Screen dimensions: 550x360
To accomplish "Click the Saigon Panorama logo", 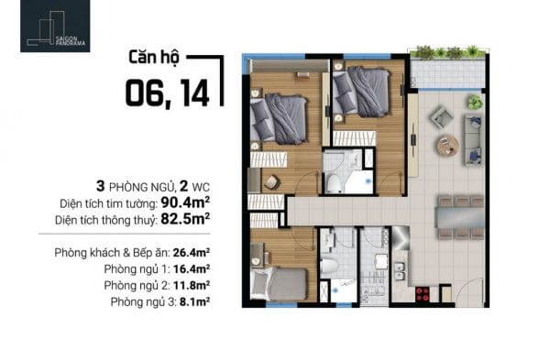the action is (55, 26).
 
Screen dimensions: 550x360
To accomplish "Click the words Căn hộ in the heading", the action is (154, 58).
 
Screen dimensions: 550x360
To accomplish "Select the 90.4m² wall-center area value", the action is (185, 202).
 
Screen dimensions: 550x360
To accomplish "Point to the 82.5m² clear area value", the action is (185, 219).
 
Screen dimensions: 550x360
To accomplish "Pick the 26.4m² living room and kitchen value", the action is (192, 253).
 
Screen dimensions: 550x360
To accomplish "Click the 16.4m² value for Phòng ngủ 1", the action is (192, 269).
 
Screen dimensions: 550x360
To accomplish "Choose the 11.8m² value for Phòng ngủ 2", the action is (192, 285).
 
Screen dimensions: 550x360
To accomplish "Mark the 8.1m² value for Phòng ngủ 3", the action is (194, 301).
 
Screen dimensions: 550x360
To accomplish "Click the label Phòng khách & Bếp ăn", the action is (112, 253).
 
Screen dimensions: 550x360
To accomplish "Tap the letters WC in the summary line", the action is (201, 188).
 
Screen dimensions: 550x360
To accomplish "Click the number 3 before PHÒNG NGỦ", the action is (100, 187).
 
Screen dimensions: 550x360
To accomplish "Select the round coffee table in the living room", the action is (447, 146).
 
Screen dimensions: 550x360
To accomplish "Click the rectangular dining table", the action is (460, 218).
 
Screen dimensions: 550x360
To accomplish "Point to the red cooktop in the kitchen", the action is (423, 294).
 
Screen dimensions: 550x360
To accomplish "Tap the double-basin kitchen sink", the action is (400, 271).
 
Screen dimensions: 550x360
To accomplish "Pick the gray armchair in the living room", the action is (441, 118).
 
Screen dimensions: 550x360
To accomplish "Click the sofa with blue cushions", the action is (474, 140).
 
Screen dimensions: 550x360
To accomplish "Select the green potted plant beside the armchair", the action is (475, 102).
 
